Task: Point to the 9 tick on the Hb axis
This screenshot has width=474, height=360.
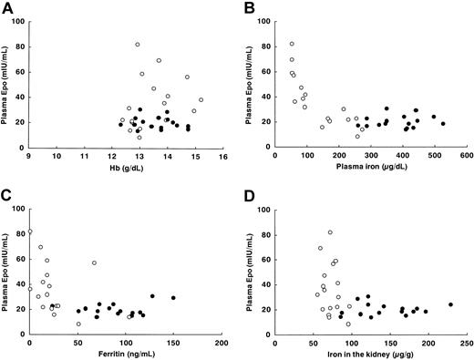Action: point(30,156)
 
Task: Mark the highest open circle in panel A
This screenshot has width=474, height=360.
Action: point(138,44)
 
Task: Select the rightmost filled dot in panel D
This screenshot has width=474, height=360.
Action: point(450,304)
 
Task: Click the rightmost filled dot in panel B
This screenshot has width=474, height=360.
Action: point(443,123)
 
